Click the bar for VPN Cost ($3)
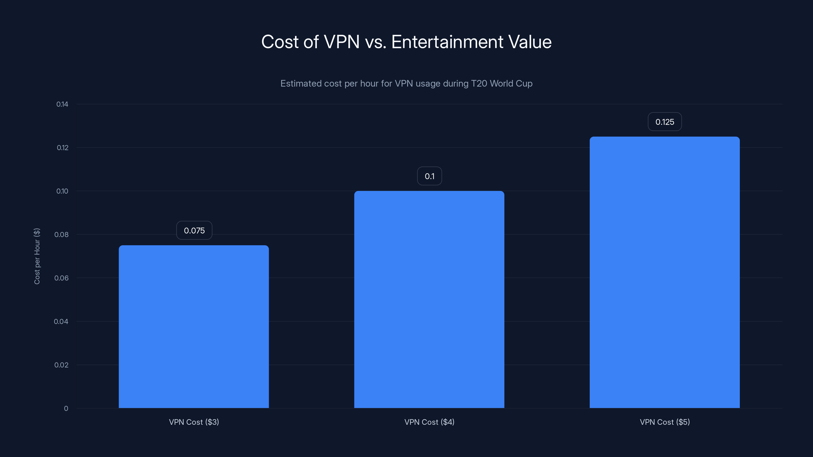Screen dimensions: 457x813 (x=194, y=327)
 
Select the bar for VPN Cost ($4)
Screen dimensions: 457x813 (x=429, y=299)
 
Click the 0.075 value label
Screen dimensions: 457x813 (x=194, y=231)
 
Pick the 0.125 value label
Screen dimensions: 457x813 (x=665, y=122)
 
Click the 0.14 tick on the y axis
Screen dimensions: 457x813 (x=62, y=104)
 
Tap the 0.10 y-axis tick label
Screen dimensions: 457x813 (x=62, y=191)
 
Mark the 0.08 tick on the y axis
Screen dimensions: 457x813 (x=61, y=235)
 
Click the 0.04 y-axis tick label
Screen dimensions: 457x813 (x=61, y=322)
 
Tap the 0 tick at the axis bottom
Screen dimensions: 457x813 (x=66, y=409)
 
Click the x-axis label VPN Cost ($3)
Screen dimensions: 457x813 (x=194, y=422)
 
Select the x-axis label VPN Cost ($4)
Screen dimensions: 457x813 (x=429, y=422)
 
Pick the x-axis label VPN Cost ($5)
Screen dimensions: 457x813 (x=665, y=422)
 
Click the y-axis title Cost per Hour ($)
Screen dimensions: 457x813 (x=37, y=256)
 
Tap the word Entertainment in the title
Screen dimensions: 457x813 (x=447, y=42)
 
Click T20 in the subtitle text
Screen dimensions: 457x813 (x=479, y=84)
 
